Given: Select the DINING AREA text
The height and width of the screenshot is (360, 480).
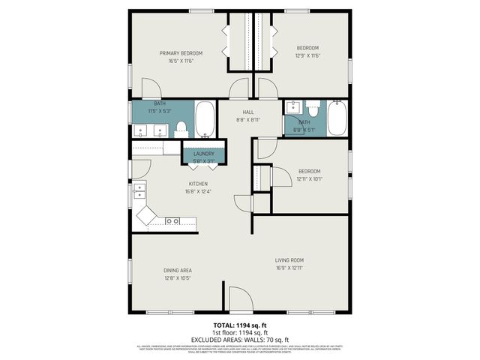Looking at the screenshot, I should (178, 270).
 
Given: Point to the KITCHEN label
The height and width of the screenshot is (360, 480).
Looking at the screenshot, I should (198, 184).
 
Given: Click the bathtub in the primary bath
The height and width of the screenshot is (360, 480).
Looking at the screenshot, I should (205, 121).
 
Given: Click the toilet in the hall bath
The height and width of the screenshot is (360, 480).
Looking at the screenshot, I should (313, 110).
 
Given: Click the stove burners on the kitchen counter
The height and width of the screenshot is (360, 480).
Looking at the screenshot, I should (172, 221).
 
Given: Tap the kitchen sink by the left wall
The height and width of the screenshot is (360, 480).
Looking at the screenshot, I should (139, 193).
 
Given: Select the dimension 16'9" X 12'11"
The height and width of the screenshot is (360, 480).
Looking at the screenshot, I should (289, 268).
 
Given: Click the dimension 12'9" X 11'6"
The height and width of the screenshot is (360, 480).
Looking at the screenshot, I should (308, 55).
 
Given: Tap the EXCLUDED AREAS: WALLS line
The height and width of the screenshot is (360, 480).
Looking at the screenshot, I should (240, 338).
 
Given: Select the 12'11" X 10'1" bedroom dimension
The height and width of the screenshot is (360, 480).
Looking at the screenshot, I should (310, 178).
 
